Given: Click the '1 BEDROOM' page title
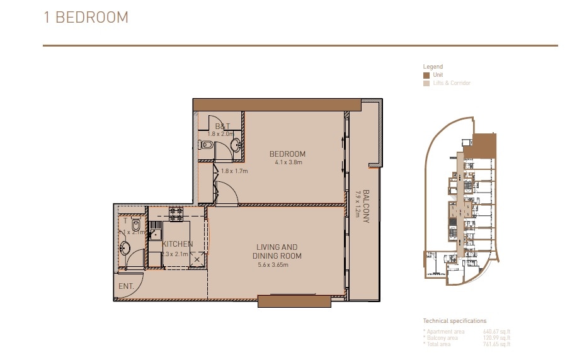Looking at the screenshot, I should tap(86, 18).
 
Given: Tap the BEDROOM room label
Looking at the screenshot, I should tap(287, 154).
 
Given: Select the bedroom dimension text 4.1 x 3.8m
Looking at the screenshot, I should tap(288, 162).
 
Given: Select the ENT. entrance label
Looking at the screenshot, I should tap(125, 286).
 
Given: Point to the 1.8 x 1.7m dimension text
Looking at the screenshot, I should tap(234, 171).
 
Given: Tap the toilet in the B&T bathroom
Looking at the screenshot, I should tap(206, 144).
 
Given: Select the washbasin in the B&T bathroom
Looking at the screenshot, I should tap(235, 145).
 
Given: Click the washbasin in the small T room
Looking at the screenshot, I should tap(125, 248).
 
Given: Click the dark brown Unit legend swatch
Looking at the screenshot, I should tap(426, 75).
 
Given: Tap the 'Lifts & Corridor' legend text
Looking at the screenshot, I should tap(451, 83).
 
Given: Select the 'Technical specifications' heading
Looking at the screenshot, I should tap(455, 321).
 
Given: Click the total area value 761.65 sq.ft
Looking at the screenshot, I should tap(496, 344).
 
